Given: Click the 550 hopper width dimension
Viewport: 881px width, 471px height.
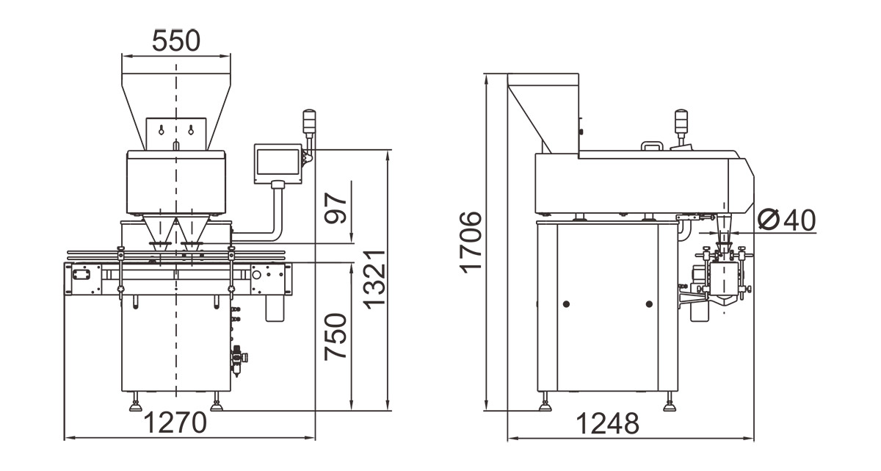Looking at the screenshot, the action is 175,41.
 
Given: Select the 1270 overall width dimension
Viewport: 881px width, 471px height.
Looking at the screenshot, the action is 175,423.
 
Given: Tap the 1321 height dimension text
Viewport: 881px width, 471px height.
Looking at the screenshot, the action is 374,280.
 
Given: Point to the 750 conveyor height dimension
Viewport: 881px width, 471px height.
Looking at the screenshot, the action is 336,337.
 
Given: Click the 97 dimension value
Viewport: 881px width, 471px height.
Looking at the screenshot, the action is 336,208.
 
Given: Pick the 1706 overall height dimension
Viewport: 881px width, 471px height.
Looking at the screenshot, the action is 471,242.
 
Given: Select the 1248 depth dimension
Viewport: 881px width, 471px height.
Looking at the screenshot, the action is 608,423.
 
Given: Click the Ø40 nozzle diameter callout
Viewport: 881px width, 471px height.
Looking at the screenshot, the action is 787,220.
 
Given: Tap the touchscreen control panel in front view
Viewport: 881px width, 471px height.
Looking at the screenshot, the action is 278,164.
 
